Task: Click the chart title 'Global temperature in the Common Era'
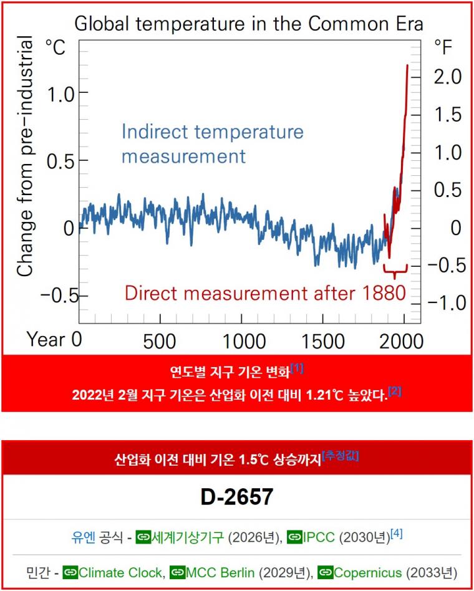[x=249, y=24]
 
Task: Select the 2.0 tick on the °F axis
[x=447, y=77]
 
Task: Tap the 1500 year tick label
[x=326, y=341]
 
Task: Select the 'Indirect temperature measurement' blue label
[x=212, y=143]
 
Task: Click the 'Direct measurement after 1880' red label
[x=265, y=292]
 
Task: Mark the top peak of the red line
[x=407, y=65]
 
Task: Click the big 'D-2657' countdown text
[x=237, y=497]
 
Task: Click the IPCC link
[x=319, y=537]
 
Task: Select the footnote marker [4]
[x=396, y=533]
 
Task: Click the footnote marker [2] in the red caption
[x=395, y=391]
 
